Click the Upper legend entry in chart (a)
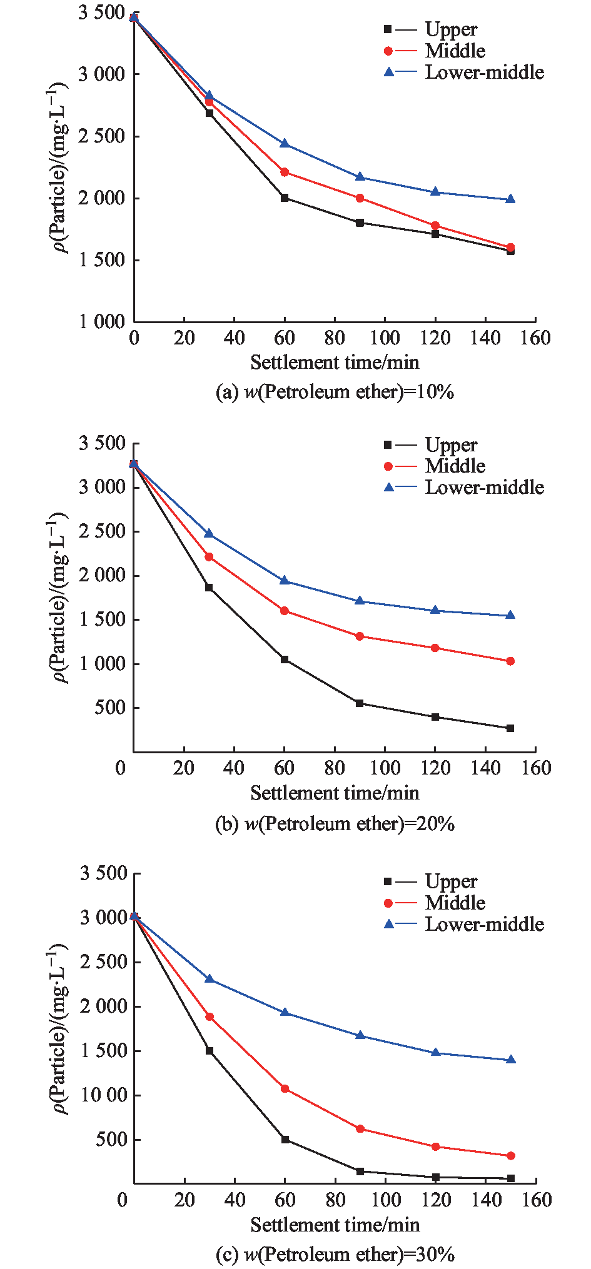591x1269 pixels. [450, 29]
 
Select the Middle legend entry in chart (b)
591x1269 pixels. [455, 466]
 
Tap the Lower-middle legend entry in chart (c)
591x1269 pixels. [484, 925]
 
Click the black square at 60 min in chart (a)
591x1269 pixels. [285, 198]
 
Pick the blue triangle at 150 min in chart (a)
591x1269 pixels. [510, 199]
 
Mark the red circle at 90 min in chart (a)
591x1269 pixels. [360, 198]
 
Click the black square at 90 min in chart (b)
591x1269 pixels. [360, 703]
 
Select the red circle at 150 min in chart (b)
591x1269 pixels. [510, 661]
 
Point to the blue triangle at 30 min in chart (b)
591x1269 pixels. [209, 534]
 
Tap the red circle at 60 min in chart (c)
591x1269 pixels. [285, 1088]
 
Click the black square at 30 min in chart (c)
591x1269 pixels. [209, 1051]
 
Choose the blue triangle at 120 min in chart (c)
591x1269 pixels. [435, 1053]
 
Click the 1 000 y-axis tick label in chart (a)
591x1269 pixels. [102, 322]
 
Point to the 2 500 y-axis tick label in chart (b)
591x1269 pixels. [102, 531]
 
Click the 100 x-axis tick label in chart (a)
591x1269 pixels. [385, 339]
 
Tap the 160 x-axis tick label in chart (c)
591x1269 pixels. [537, 1200]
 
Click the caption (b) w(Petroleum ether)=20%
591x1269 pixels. [335, 824]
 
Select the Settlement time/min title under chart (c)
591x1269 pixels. [335, 1225]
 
